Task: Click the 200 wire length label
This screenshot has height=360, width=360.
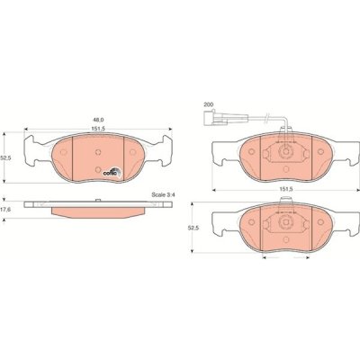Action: pos(208,104)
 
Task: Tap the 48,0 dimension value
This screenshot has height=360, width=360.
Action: pos(99,120)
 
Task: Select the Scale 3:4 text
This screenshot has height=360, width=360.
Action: pos(163,194)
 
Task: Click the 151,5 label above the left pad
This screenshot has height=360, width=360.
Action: pos(98,129)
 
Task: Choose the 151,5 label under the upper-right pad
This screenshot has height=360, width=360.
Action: pos(285,189)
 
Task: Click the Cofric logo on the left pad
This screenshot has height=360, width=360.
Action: pos(112,172)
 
